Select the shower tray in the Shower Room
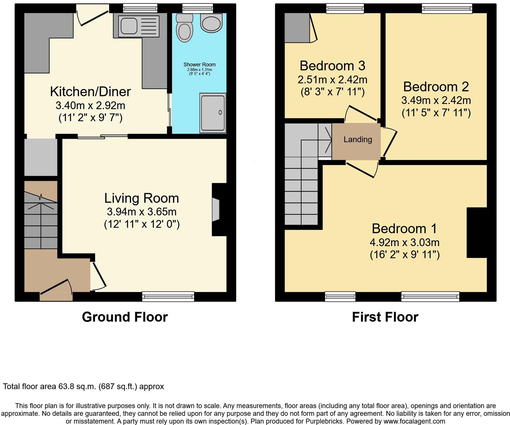[213, 113]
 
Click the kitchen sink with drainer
[139, 26]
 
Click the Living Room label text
[142, 198]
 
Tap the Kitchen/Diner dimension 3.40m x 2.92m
[90, 106]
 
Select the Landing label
[358, 140]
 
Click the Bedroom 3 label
[333, 66]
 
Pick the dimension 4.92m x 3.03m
[404, 243]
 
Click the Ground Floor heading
[125, 317]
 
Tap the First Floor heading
[385, 317]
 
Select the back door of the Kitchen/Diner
[92, 17]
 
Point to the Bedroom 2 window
[447, 9]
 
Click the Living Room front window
[168, 296]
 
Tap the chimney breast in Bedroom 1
[477, 233]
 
